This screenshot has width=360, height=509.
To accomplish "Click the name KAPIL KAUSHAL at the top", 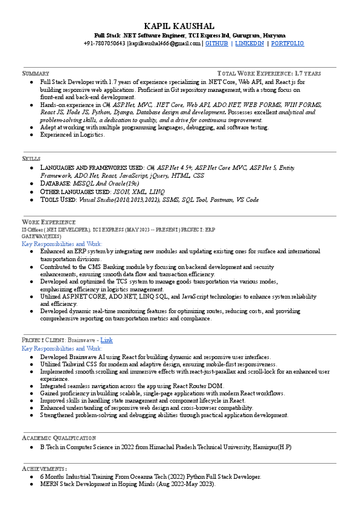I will pyautogui.click(x=179, y=26).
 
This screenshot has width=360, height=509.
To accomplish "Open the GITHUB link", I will pyautogui.click(x=217, y=44).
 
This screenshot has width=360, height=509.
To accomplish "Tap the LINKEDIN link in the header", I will pyautogui.click(x=249, y=44).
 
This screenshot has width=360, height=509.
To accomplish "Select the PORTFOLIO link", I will pyautogui.click(x=288, y=44).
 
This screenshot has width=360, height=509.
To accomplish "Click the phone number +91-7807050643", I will pyautogui.click(x=104, y=44).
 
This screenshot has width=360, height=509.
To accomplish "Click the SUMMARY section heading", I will pyautogui.click(x=36, y=73).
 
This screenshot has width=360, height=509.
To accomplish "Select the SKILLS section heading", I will pyautogui.click(x=31, y=158).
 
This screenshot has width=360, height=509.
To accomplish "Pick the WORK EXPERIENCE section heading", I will pyautogui.click(x=49, y=222).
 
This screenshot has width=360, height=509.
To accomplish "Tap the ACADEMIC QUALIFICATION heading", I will pyautogui.click(x=59, y=438).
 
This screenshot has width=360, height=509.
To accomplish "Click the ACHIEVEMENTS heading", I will pyautogui.click(x=44, y=468).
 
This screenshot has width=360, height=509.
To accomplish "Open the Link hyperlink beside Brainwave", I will pyautogui.click(x=106, y=340).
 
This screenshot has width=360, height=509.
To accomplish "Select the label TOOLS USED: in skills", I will pyautogui.click(x=59, y=199).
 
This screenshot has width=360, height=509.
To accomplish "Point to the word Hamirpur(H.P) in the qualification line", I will pyautogui.click(x=272, y=447).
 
